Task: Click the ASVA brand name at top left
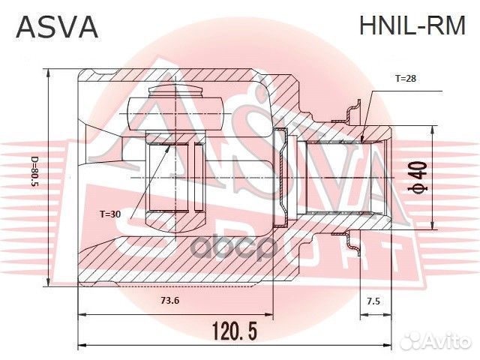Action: pos(58,27)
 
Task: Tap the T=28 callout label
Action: pos(406,78)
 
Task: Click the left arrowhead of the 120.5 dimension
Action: pos(82,344)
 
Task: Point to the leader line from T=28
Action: pos(371,105)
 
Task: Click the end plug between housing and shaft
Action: pos(281,178)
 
